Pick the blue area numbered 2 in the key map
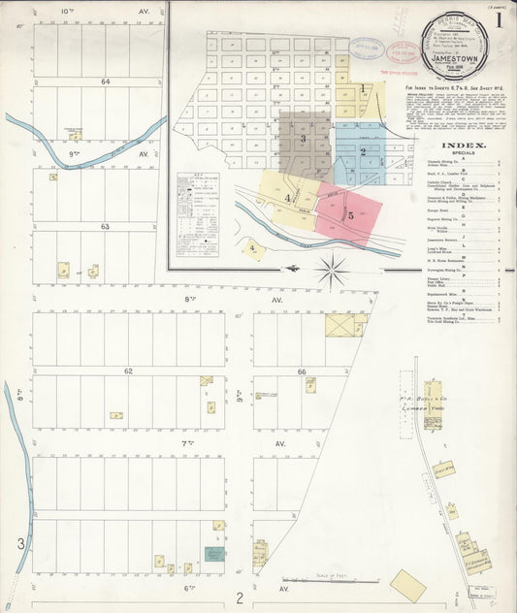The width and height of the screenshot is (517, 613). [x=362, y=152]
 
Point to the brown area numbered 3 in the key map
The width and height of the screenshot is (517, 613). [x=304, y=140]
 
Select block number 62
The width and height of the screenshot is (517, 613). [x=127, y=371]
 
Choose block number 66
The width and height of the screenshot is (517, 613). [x=302, y=371]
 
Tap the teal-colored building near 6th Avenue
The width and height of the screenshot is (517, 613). [x=213, y=554]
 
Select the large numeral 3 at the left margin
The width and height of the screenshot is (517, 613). [x=19, y=543]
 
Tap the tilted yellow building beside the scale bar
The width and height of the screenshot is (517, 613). [x=408, y=585]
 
